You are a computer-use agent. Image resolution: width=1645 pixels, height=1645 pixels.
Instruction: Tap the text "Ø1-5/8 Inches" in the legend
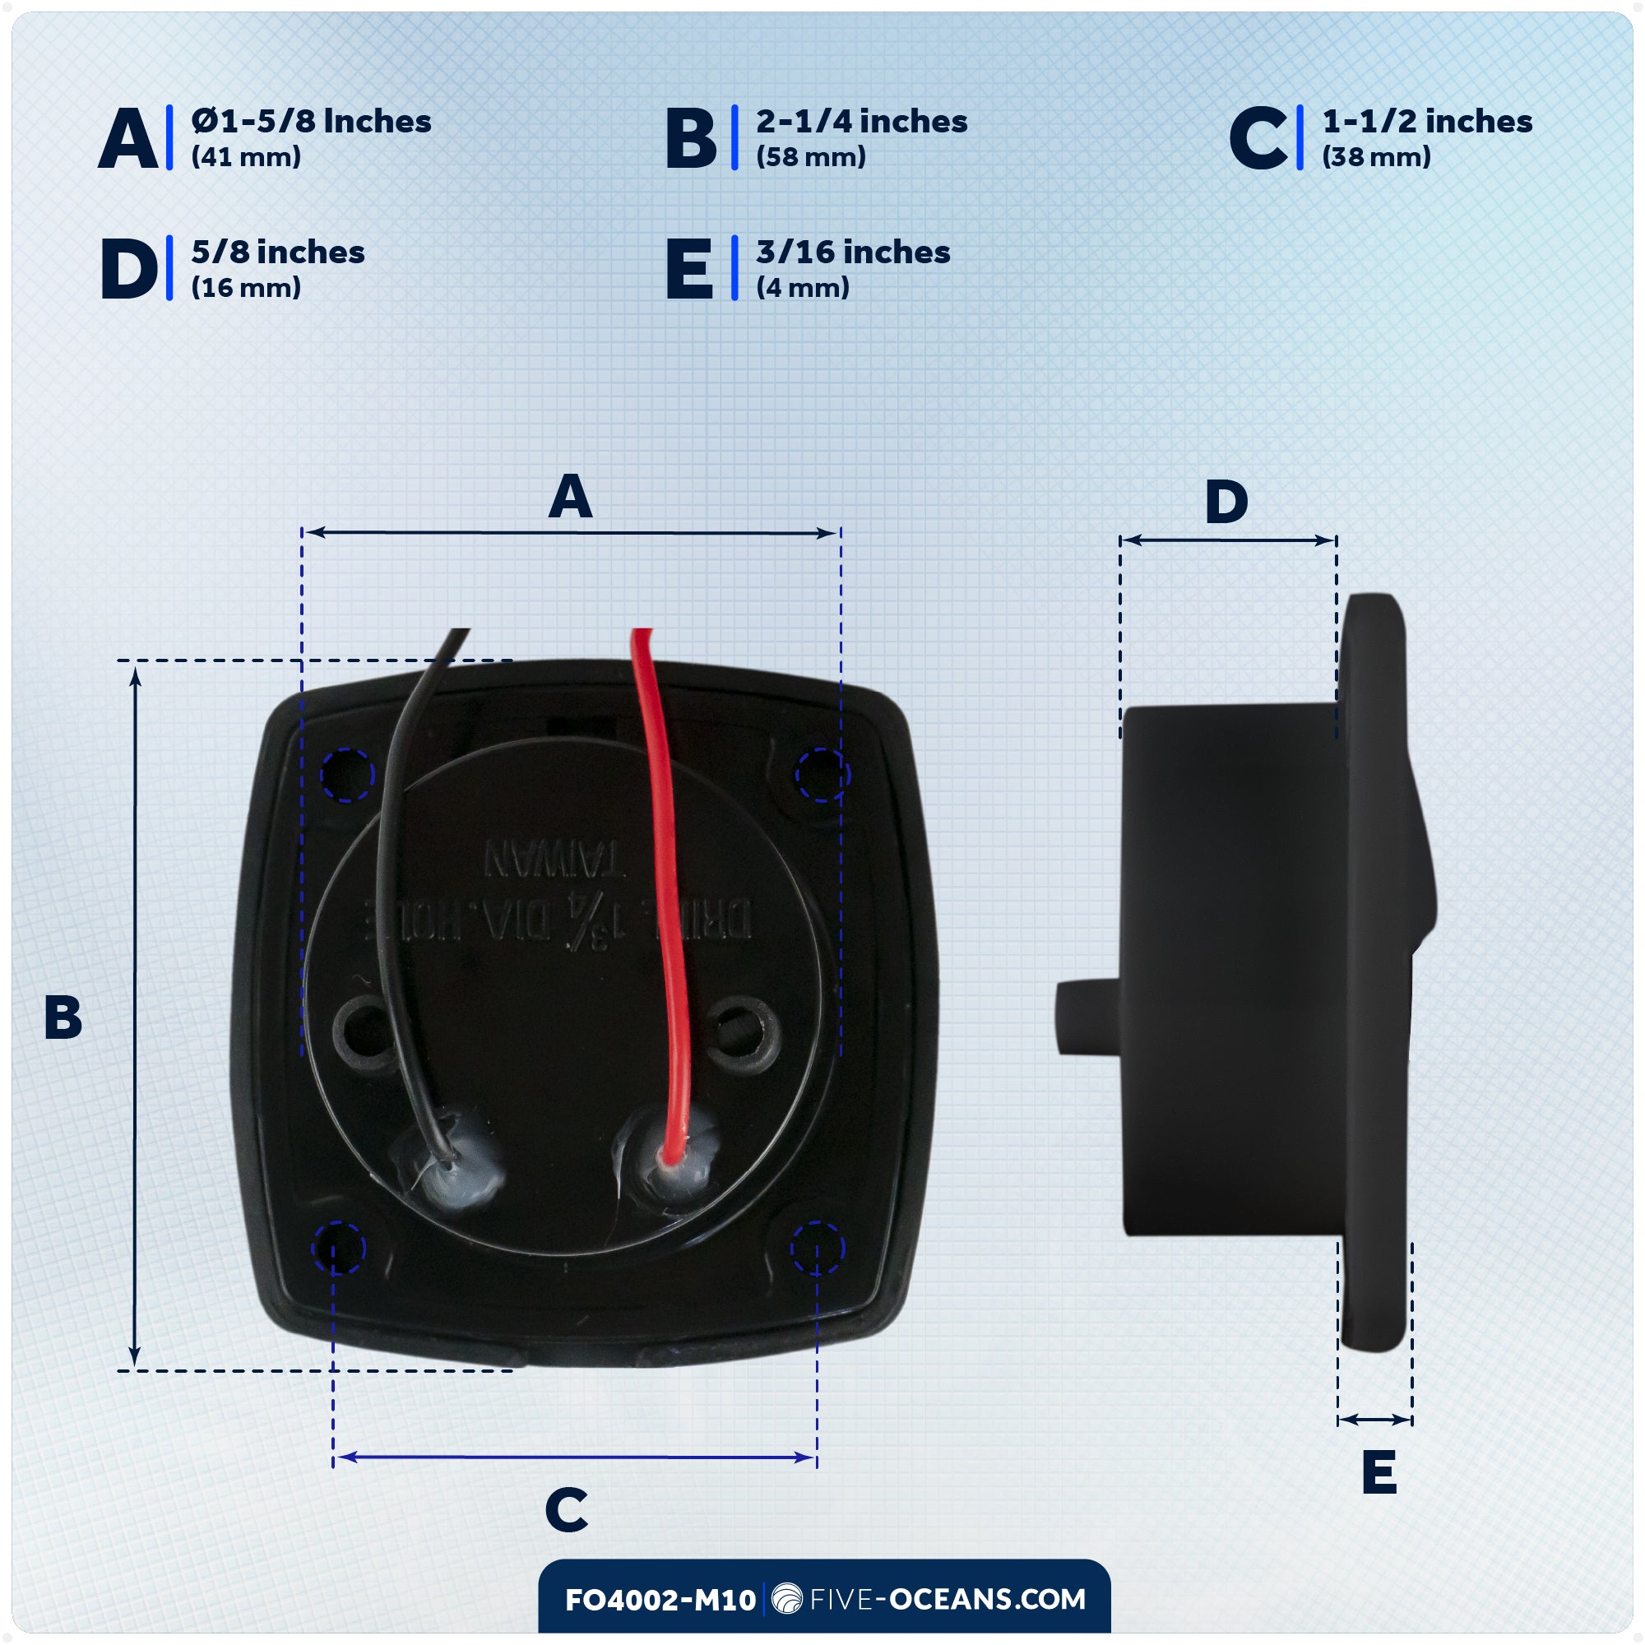[x=311, y=122]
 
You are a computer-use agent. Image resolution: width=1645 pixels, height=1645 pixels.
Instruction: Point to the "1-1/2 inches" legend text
[x=1427, y=122]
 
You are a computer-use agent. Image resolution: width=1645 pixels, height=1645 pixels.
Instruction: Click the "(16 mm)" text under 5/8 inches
[x=246, y=288]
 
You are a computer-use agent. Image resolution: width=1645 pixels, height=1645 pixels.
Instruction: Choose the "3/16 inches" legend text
[x=853, y=252]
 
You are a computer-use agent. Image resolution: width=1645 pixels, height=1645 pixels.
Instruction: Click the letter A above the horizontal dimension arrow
[x=570, y=498]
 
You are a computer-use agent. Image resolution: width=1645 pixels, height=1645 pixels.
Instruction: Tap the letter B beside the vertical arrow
[x=63, y=1017]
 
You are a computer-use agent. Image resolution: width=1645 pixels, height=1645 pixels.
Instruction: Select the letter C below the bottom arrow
[x=566, y=1509]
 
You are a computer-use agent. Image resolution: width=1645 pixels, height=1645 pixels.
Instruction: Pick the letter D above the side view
[x=1226, y=503]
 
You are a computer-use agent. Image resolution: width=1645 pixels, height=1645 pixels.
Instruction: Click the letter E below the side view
[x=1379, y=1472]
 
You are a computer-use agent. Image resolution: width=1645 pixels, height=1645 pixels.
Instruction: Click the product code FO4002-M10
[x=660, y=1600]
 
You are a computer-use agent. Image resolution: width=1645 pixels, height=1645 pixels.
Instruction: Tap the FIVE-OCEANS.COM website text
[x=947, y=1599]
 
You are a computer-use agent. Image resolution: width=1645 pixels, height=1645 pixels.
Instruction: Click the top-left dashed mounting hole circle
[x=346, y=774]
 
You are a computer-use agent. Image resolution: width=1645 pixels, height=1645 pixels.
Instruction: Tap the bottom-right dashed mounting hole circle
[x=817, y=1249]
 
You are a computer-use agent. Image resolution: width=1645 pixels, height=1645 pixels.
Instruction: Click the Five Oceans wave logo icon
[x=785, y=1599]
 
